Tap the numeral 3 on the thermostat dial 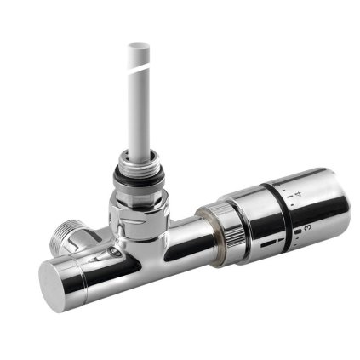[306, 227]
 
